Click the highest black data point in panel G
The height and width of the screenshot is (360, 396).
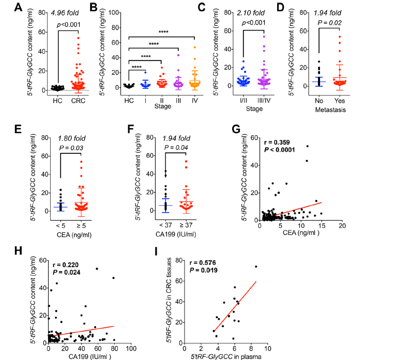click(307, 146)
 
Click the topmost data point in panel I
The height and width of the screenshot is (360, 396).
click(255, 267)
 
